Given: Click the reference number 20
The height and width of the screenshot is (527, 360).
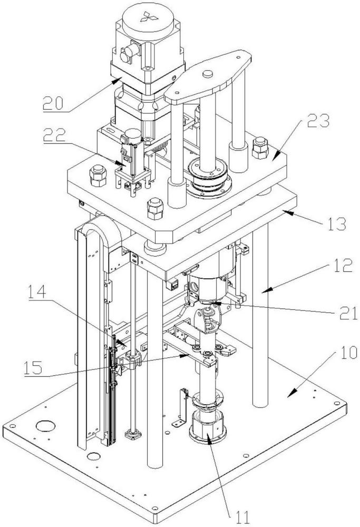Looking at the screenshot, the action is [53, 103].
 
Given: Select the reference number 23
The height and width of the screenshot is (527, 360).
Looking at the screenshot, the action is [318, 121].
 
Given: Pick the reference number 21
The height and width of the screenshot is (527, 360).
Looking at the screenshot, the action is [348, 313].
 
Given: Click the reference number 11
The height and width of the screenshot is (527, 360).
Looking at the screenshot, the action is [242, 518].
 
